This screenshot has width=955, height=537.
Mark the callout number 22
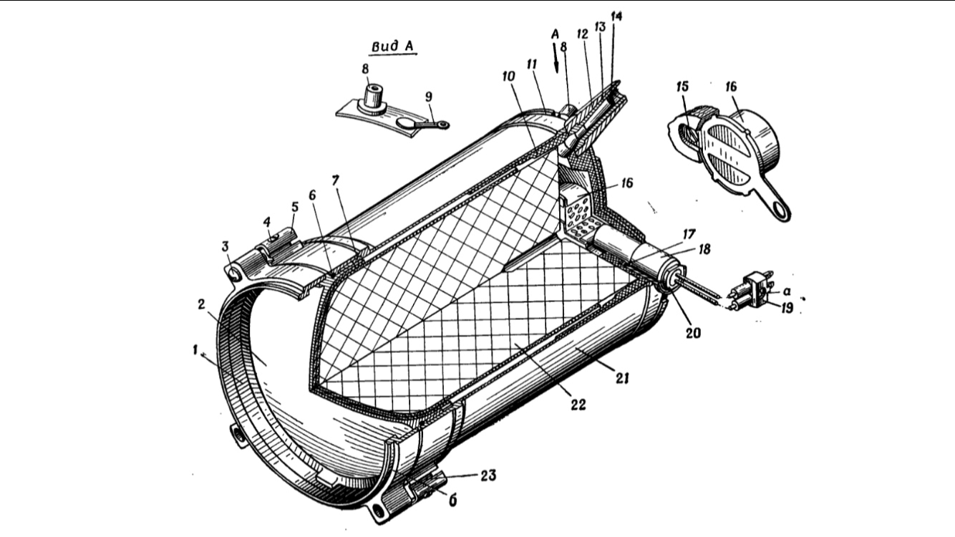[x=578, y=403]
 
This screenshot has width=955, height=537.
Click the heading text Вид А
[x=393, y=47]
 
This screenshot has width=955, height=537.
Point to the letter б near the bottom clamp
[x=452, y=500]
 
